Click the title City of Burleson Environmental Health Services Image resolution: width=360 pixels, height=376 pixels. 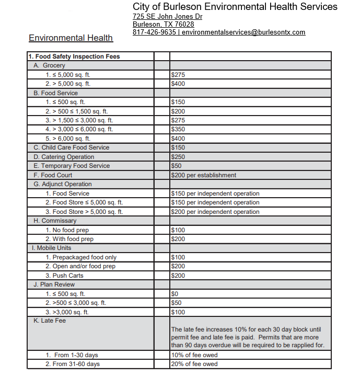pyautogui.click(x=235, y=7)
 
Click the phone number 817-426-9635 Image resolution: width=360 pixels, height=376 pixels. pyautogui.click(x=154, y=32)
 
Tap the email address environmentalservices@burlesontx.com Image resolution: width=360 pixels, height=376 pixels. pyautogui.click(x=243, y=32)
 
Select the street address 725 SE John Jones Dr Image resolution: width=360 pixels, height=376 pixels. pyautogui.click(x=167, y=16)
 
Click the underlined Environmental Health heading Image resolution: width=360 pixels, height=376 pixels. pyautogui.click(x=71, y=38)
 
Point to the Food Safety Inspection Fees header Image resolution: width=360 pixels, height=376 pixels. pyautogui.click(x=74, y=56)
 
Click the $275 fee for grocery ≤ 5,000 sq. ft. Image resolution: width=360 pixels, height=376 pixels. pyautogui.click(x=178, y=75)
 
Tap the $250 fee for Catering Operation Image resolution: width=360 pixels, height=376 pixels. pyautogui.click(x=178, y=157)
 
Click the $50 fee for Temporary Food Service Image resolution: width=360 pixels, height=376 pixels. pyautogui.click(x=177, y=166)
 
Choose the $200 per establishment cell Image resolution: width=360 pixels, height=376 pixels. pyautogui.click(x=204, y=175)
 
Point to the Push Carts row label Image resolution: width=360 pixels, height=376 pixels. pyautogui.click(x=68, y=276)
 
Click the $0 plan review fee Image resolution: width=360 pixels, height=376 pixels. pyautogui.click(x=175, y=294)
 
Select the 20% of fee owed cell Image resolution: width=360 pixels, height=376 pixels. pyautogui.click(x=194, y=364)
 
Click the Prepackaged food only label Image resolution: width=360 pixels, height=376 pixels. pyautogui.click(x=81, y=257)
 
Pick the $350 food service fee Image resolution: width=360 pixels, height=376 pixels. pyautogui.click(x=178, y=129)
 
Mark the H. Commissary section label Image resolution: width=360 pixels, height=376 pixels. pyautogui.click(x=55, y=221)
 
